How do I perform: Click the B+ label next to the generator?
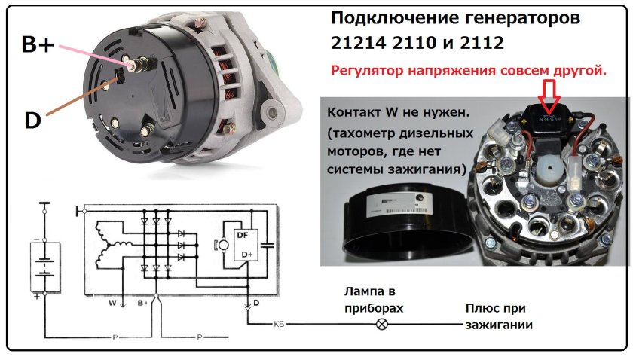tap(37, 46)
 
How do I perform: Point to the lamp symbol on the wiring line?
tap(381, 325)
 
